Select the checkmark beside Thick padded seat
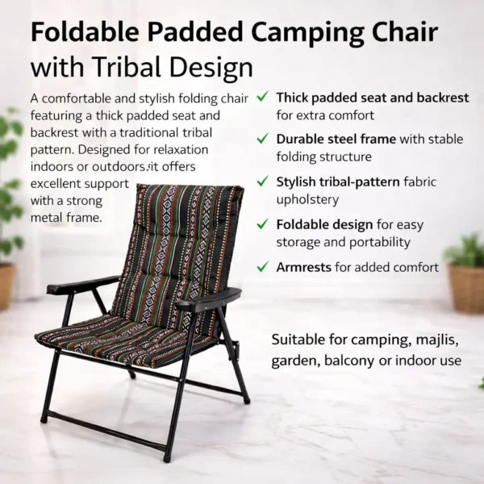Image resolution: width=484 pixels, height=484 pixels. (x=262, y=98)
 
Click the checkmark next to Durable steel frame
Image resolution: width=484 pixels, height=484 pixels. (x=262, y=139)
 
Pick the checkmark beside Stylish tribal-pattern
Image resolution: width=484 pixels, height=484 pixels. (x=262, y=181)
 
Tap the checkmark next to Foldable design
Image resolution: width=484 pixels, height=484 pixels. (x=262, y=224)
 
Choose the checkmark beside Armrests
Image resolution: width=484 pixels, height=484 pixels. (x=262, y=266)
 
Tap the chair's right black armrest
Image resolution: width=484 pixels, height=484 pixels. (x=208, y=298)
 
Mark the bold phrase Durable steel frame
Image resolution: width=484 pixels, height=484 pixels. (x=336, y=140)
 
